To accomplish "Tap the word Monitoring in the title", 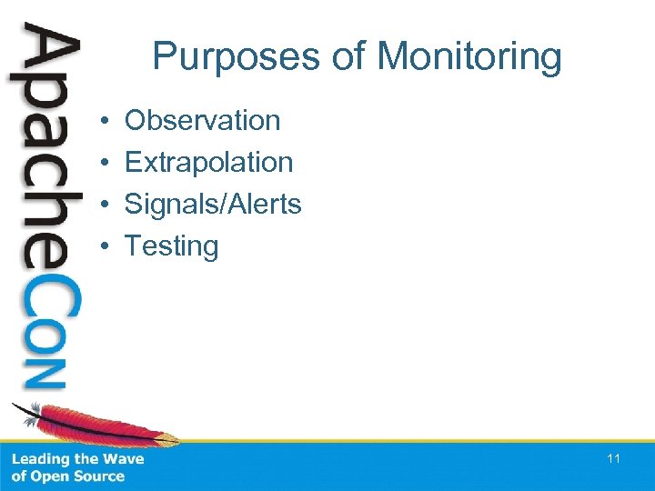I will pyautogui.click(x=469, y=56).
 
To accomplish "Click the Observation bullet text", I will pyautogui.click(x=202, y=120).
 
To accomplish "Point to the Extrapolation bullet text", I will pyautogui.click(x=208, y=162).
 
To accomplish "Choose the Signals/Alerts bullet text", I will pyautogui.click(x=212, y=204).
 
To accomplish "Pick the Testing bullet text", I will pyautogui.click(x=171, y=245).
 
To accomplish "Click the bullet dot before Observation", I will pyautogui.click(x=106, y=121).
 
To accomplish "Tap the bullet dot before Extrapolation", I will pyautogui.click(x=106, y=163).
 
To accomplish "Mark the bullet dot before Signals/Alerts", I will pyautogui.click(x=106, y=205).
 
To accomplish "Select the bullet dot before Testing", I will pyautogui.click(x=106, y=246).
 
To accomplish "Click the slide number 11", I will pyautogui.click(x=613, y=459).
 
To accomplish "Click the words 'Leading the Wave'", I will pyautogui.click(x=77, y=459).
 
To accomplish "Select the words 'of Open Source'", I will pyautogui.click(x=67, y=476).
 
